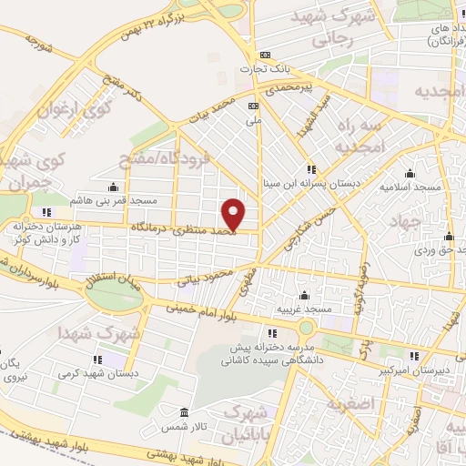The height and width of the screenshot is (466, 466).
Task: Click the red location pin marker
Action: (x=234, y=213)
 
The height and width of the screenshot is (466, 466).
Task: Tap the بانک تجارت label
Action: (x=264, y=68)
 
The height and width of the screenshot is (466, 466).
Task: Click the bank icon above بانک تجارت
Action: (x=265, y=55)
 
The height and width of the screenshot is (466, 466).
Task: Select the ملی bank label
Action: (x=256, y=118)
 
